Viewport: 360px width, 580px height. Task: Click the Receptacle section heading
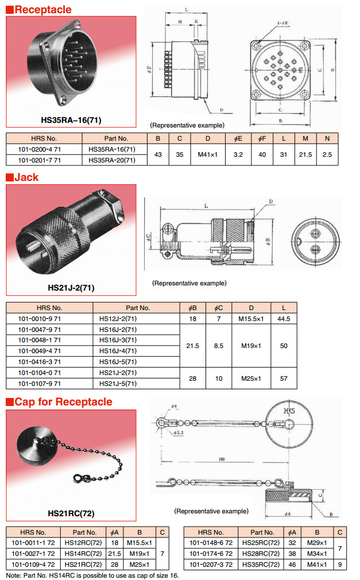pyautogui.click(x=42, y=10)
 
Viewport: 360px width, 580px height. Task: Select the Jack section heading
pyautogui.click(x=26, y=177)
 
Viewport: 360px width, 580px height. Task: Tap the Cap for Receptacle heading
pyautogui.click(x=63, y=401)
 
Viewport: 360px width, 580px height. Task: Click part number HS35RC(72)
pyautogui.click(x=262, y=564)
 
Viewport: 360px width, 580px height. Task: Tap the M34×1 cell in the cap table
pyautogui.click(x=316, y=554)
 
